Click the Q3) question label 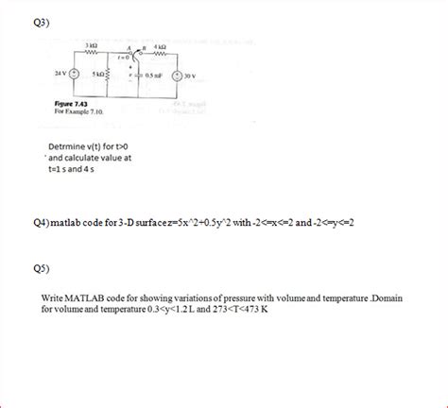[x=41, y=21]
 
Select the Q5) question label [x=41, y=266]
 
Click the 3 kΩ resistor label [x=92, y=46]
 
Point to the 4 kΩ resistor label [x=160, y=47]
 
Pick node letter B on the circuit [x=143, y=47]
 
